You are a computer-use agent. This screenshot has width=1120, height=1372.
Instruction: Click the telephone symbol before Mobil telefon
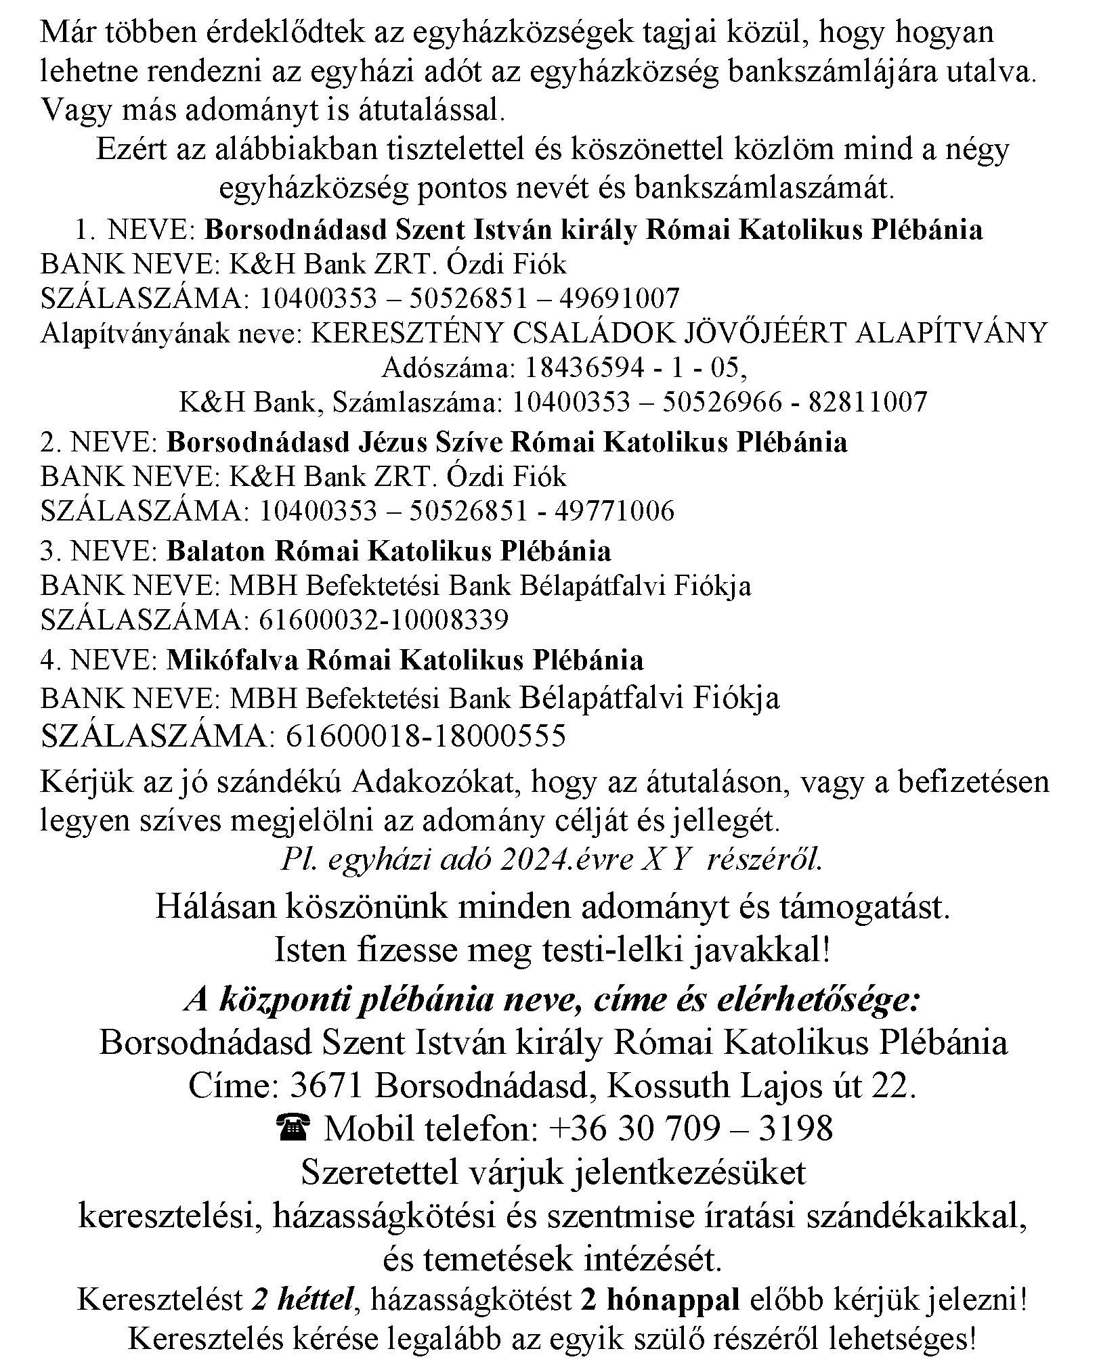pyautogui.click(x=293, y=1128)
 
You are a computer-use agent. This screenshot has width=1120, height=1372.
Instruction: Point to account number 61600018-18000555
pyautogui.click(x=425, y=735)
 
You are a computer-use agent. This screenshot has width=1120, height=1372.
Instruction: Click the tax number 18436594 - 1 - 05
pyautogui.click(x=635, y=368)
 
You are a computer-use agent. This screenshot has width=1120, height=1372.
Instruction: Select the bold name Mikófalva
pyautogui.click(x=232, y=659)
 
